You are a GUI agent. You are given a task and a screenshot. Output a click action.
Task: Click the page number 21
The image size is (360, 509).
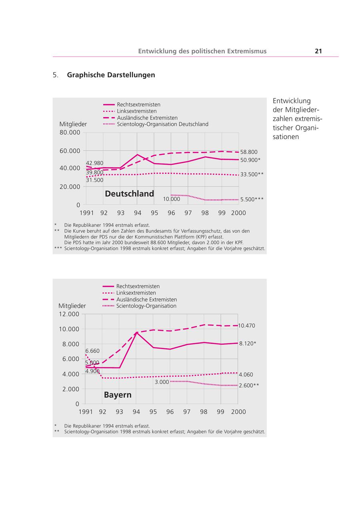[x=318, y=51]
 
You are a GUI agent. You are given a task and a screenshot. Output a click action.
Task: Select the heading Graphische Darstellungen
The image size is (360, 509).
[x=111, y=75]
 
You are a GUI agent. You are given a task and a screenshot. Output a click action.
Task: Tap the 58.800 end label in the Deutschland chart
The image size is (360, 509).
[x=249, y=152]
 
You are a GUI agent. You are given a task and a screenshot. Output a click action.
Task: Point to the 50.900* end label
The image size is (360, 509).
[x=250, y=160]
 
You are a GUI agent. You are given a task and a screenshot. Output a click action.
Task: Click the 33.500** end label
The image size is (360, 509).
[x=252, y=174]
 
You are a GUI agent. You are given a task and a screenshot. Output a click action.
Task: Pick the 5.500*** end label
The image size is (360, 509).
[x=252, y=199]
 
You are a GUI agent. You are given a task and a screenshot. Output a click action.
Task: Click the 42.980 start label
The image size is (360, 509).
[x=94, y=163]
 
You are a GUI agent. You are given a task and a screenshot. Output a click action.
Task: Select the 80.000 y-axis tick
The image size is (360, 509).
[x=70, y=132]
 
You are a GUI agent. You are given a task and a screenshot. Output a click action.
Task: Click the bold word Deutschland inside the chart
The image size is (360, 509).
[x=129, y=194]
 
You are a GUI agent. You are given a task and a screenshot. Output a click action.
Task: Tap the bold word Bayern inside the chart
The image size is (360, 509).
[x=118, y=395]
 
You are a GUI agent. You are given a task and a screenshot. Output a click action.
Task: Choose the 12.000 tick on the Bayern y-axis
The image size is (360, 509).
[x=69, y=314]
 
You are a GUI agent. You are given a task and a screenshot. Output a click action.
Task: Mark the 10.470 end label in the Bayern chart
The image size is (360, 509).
[x=246, y=326]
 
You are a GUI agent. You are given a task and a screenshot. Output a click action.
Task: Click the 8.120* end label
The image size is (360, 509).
[x=248, y=343]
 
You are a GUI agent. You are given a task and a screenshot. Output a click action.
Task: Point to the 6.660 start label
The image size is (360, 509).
[x=92, y=351]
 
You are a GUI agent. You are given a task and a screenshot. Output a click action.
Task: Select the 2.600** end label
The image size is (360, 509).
[x=249, y=385]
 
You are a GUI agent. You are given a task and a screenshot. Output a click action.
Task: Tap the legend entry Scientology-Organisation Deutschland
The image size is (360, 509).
[x=162, y=124]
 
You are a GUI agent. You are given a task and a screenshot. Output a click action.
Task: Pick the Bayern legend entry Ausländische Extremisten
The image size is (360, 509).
[x=146, y=299]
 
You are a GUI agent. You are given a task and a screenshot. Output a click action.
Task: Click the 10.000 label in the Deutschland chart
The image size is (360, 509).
[x=171, y=199]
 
